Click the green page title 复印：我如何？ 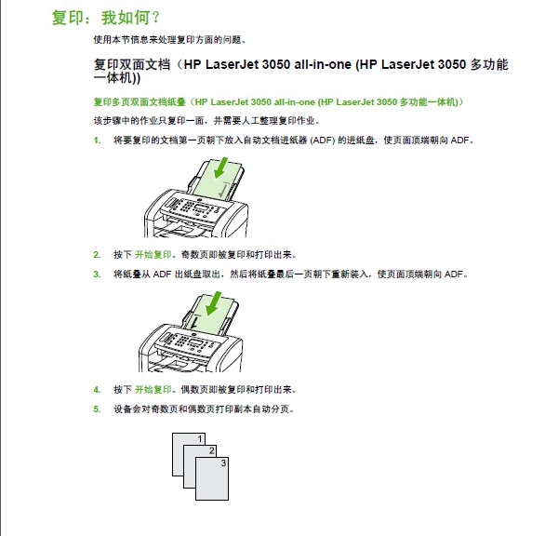(106, 18)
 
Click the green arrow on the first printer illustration (221, 167)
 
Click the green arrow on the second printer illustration (214, 303)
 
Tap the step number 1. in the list (97, 141)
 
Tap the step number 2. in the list (97, 255)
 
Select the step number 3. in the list (97, 275)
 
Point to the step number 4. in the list (97, 390)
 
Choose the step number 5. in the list (97, 409)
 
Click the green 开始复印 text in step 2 (153, 255)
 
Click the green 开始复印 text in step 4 (153, 390)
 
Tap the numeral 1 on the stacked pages (200, 439)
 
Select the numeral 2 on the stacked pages (212, 450)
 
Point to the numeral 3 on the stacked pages (223, 462)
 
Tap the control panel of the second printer (191, 342)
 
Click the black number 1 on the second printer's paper (194, 321)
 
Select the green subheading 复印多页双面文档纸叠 (140, 102)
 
